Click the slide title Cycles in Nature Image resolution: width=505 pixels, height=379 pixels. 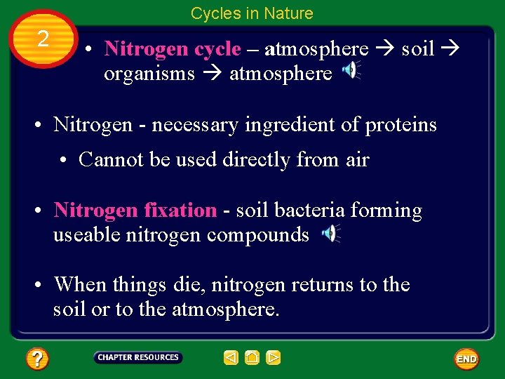[x=252, y=13]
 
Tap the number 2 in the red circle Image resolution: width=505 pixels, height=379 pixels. [x=43, y=39]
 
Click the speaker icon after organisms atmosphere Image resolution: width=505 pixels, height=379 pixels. [x=350, y=71]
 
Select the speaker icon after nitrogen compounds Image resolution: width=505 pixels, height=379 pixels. [x=330, y=234]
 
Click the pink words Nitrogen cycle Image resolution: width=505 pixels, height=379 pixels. [x=172, y=48]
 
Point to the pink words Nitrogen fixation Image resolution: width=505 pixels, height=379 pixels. [x=135, y=210]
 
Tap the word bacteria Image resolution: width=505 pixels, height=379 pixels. [x=311, y=210]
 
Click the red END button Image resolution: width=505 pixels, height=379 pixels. [x=466, y=359]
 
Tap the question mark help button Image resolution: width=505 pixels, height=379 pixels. [x=36, y=359]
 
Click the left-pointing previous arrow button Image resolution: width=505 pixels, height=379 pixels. [x=231, y=358]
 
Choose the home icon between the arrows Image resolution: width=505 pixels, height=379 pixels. [x=252, y=358]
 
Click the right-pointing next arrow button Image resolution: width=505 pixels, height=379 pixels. [x=273, y=358]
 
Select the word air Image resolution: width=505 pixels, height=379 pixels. [x=357, y=159]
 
